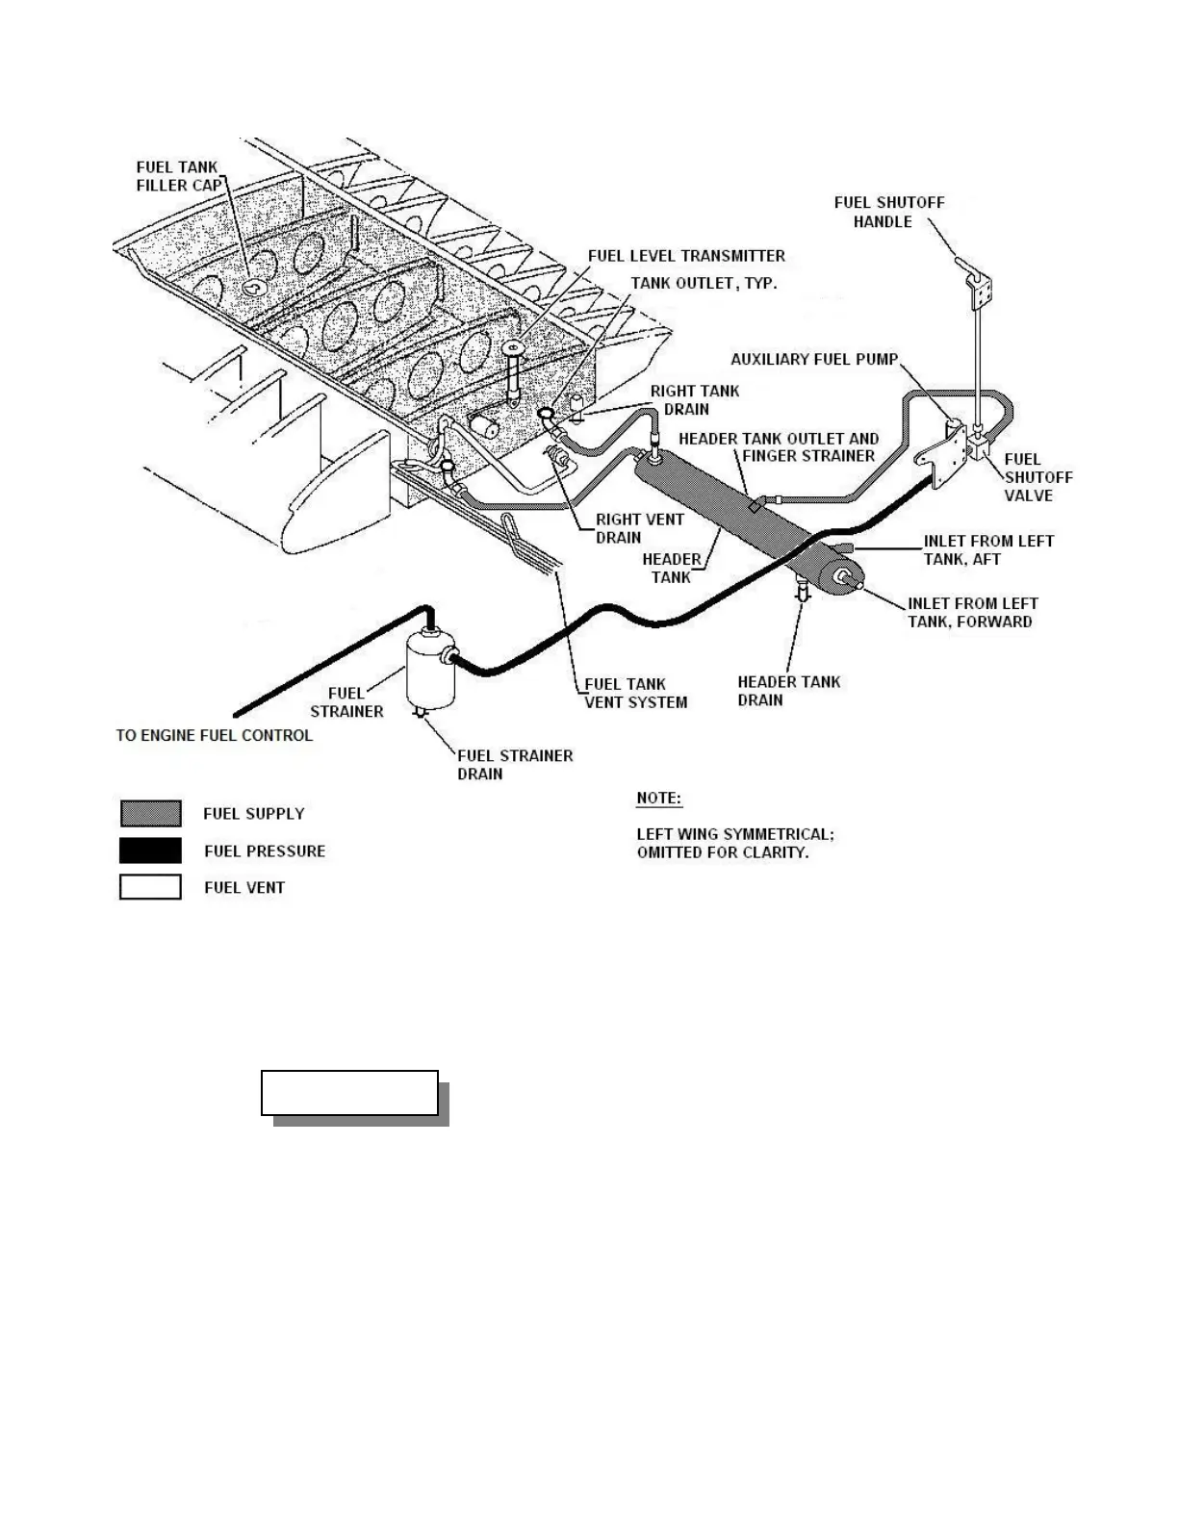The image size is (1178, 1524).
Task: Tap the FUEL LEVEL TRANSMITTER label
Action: click(x=686, y=256)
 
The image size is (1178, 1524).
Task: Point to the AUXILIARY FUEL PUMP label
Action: click(x=813, y=359)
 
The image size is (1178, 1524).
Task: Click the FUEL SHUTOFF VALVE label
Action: click(x=1037, y=477)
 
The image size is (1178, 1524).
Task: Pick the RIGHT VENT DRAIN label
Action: click(x=639, y=528)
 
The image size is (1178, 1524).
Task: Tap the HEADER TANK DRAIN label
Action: click(x=788, y=691)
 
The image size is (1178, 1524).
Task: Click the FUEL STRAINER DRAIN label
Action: click(x=514, y=765)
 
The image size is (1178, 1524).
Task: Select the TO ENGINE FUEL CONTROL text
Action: click(x=214, y=735)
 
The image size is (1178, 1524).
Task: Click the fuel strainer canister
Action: click(x=429, y=668)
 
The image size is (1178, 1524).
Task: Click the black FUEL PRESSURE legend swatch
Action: click(x=150, y=851)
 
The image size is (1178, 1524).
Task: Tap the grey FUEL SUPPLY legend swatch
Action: click(x=150, y=813)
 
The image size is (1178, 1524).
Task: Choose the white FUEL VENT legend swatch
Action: click(x=150, y=887)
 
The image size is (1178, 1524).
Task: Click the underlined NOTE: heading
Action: click(x=658, y=799)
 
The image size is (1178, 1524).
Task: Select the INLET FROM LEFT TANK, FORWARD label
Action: click(x=972, y=613)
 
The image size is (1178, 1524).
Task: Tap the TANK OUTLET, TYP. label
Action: click(x=704, y=284)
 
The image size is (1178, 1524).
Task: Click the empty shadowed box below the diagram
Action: click(x=349, y=1093)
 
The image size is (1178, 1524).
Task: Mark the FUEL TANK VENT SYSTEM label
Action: click(x=635, y=694)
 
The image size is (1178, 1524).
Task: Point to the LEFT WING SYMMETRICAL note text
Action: click(x=735, y=844)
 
